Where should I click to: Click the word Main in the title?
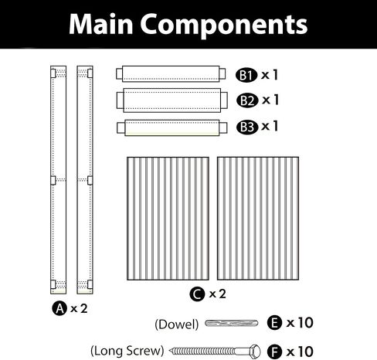click(x=100, y=24)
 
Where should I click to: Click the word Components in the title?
click(x=224, y=25)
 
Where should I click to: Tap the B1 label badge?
click(x=246, y=76)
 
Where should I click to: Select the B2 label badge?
click(x=247, y=100)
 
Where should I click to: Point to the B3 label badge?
click(x=247, y=127)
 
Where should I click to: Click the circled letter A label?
click(x=59, y=308)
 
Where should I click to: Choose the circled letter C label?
click(x=197, y=294)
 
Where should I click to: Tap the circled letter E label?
click(x=274, y=323)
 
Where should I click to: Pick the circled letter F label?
click(x=274, y=352)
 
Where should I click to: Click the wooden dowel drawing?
click(x=231, y=323)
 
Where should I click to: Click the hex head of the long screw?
click(x=253, y=352)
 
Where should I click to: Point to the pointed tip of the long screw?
click(x=170, y=351)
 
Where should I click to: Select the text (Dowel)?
click(x=177, y=324)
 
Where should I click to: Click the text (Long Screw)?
click(x=127, y=351)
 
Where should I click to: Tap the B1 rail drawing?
click(x=171, y=74)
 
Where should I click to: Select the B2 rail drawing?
click(x=172, y=100)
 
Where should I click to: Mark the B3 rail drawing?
click(x=172, y=127)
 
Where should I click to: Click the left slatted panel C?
click(x=168, y=219)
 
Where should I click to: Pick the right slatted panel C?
click(x=258, y=219)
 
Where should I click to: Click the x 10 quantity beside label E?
click(x=300, y=323)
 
